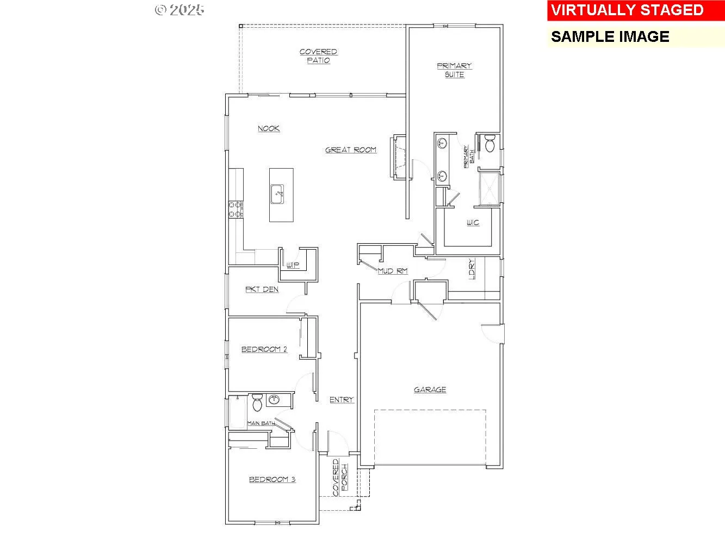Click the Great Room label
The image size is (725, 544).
[x=351, y=150]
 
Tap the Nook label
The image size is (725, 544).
[x=269, y=128]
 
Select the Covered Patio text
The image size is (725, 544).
[x=318, y=56]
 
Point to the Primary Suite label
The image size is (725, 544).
[x=455, y=70]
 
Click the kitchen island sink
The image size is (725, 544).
[x=277, y=194]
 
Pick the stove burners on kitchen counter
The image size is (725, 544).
[x=236, y=210]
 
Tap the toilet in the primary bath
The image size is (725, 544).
[x=490, y=143]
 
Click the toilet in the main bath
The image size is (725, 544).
[x=257, y=403]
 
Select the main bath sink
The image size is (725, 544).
[x=274, y=400]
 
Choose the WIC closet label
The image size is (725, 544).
[x=473, y=222]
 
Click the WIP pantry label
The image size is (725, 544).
[x=293, y=265]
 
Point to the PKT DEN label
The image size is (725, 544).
[x=262, y=289]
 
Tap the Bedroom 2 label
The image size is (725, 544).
[x=264, y=349]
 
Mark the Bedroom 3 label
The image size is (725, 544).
[x=272, y=479]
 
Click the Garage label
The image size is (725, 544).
[x=430, y=390]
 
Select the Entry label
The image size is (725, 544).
[x=342, y=400]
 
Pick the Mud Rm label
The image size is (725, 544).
[x=392, y=271]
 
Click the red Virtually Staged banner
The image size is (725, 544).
[x=636, y=10]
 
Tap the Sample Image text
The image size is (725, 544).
[x=610, y=36]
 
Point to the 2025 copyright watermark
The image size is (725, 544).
[x=179, y=10]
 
